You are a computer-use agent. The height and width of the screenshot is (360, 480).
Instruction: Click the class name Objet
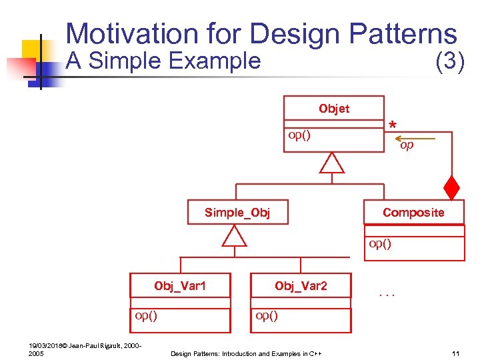tap(333, 109)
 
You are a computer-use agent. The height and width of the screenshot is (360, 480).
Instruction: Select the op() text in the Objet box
tap(299, 135)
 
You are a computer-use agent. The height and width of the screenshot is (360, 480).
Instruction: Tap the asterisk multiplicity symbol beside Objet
tap(393, 125)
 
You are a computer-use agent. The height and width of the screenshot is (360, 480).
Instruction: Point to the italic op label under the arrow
tap(407, 145)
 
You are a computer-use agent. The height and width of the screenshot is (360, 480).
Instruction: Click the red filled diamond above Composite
tap(453, 188)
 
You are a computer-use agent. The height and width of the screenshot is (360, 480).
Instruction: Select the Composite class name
tap(413, 212)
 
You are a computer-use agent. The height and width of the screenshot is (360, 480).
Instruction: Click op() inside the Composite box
tap(380, 243)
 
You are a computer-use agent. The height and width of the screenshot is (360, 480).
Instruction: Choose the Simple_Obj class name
tap(237, 212)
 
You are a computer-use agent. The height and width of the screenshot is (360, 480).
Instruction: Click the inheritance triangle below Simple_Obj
tap(234, 235)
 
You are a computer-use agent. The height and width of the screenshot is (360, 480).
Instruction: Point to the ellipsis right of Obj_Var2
tap(387, 291)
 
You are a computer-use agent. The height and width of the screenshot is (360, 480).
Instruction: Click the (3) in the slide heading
tap(449, 61)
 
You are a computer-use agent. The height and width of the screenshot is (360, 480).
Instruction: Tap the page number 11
tap(456, 353)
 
